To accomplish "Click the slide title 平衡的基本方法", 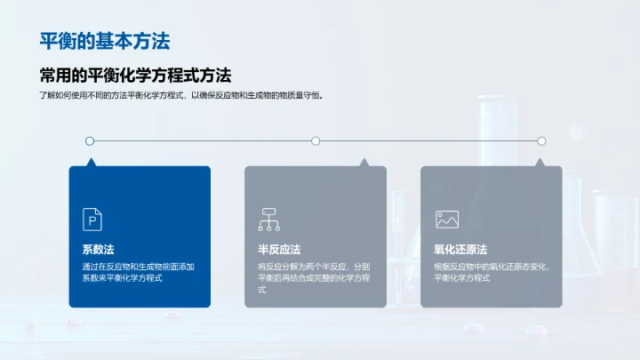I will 105,41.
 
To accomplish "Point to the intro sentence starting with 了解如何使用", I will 180,96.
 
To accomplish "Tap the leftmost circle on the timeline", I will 89,140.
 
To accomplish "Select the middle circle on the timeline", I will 316,140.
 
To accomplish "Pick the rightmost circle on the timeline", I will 541,140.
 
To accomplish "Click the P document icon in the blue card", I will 92,219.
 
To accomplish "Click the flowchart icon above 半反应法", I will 268,219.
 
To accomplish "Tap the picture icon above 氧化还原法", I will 445,219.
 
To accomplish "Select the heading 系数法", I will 98,250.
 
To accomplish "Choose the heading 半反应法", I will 279,250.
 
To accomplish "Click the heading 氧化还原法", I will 460,250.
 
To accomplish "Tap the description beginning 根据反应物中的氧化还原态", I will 490,272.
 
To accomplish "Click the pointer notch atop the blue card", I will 90,163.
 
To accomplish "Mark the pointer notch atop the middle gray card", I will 363,163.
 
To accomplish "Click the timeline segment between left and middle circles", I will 202,140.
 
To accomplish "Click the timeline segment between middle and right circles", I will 428,140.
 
